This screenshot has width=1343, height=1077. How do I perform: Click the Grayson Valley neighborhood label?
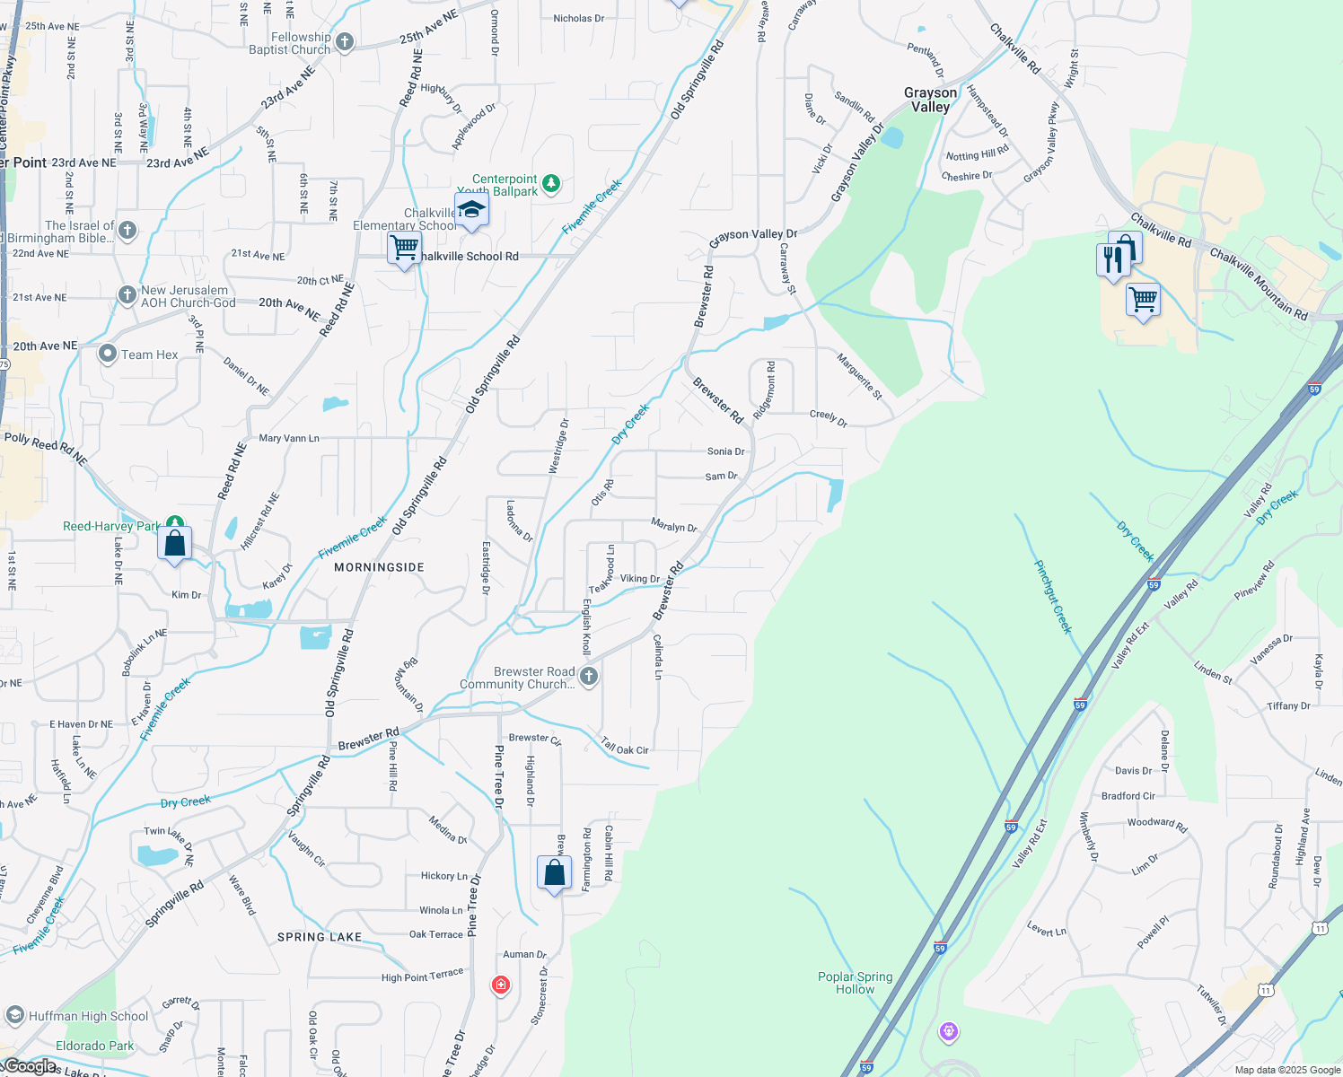[x=930, y=100]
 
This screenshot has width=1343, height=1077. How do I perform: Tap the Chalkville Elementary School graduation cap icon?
[x=471, y=210]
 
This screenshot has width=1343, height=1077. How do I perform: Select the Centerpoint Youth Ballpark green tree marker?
[x=551, y=184]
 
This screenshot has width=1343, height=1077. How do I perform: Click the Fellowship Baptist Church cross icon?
[x=344, y=42]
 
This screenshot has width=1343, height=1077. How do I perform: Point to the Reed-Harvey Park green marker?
[x=175, y=522]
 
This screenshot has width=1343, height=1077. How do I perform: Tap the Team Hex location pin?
[x=108, y=354]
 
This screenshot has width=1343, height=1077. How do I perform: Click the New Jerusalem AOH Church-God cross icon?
[x=127, y=294]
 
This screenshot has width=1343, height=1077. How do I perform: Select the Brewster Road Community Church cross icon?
[x=589, y=676]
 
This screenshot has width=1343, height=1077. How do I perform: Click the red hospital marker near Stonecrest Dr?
[x=501, y=985]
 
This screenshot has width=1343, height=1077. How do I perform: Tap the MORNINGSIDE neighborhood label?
[x=379, y=567]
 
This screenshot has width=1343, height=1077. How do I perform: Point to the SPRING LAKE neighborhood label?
[x=320, y=937]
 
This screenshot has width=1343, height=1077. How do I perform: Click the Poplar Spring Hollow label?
[x=855, y=983]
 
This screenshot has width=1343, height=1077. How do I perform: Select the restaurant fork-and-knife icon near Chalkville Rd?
[x=1112, y=259]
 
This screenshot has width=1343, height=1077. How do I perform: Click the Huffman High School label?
[x=88, y=1016]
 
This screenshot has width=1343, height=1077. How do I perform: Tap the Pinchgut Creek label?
[x=1053, y=597]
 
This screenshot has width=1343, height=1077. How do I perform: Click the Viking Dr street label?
[x=640, y=579]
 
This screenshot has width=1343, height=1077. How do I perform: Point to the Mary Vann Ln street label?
[x=289, y=438]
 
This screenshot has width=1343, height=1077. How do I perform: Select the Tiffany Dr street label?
[x=1288, y=706]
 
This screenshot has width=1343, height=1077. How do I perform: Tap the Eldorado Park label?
[x=94, y=1046]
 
